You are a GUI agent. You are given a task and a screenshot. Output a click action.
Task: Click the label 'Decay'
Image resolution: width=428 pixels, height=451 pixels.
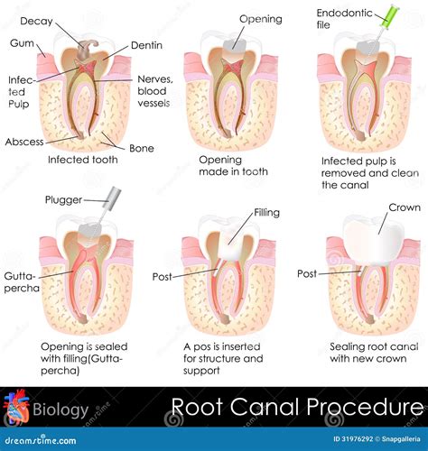(35, 21)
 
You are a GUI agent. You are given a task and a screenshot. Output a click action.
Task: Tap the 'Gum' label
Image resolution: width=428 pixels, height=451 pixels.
(23, 42)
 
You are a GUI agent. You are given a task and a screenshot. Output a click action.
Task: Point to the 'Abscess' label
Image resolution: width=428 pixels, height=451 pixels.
(23, 142)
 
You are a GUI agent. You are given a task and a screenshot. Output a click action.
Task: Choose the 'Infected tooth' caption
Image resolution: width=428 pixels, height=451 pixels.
(82, 160)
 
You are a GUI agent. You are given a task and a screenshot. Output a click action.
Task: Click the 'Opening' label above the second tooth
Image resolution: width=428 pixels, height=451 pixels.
(260, 19)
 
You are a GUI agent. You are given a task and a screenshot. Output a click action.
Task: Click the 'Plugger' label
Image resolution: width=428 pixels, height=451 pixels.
(62, 199)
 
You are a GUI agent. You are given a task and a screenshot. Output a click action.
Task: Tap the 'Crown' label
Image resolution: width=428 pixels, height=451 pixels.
(404, 207)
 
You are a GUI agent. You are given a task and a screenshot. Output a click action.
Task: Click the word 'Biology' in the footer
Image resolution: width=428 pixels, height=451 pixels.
(61, 411)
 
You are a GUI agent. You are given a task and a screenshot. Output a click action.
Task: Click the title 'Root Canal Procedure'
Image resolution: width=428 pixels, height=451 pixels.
(297, 408)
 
